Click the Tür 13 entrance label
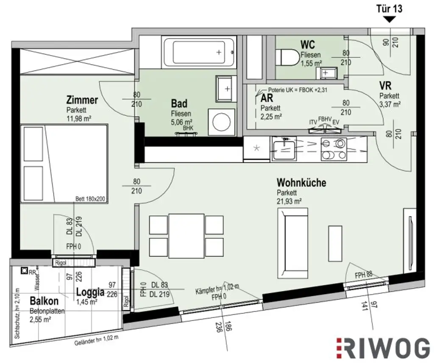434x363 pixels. [x=389, y=8]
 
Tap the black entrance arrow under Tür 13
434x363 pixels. [x=389, y=19]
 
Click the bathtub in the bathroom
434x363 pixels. [x=199, y=52]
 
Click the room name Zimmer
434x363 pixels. [x=82, y=100]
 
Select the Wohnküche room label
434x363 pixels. [x=301, y=183]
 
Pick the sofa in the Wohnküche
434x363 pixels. [x=292, y=244]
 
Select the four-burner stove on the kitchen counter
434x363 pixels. [x=334, y=149]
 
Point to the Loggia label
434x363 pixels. [x=90, y=292]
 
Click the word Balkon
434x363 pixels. [x=44, y=301]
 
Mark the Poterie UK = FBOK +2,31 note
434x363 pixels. [x=298, y=90]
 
